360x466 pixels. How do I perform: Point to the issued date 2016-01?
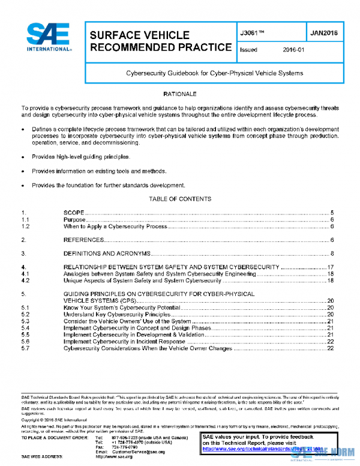294,50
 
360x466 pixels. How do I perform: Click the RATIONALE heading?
179,95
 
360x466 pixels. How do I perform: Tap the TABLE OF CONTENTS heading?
179,199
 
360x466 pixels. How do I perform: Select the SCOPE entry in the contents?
73,213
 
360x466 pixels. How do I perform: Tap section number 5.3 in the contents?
25,321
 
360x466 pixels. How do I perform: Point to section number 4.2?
25,280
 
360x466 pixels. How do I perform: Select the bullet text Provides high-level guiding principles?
81,156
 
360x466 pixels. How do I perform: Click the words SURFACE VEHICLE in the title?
139,35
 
